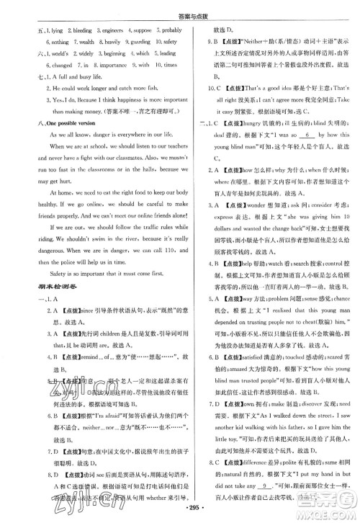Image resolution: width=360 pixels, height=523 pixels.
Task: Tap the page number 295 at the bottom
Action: (181, 509)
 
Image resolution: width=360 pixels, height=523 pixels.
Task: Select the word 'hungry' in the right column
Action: (260, 125)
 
